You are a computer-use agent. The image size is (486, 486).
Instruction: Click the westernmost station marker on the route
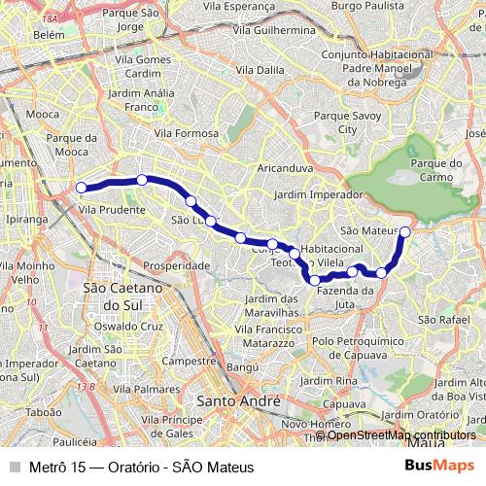coord(82,188)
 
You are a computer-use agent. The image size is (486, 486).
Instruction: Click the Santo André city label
coord(238,400)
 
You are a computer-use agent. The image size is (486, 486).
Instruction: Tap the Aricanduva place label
coord(283,168)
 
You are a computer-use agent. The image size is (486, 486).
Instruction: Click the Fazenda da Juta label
coord(345,296)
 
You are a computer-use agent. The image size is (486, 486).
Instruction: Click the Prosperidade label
coord(176,265)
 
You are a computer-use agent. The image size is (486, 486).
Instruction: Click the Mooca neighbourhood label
coord(17,114)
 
